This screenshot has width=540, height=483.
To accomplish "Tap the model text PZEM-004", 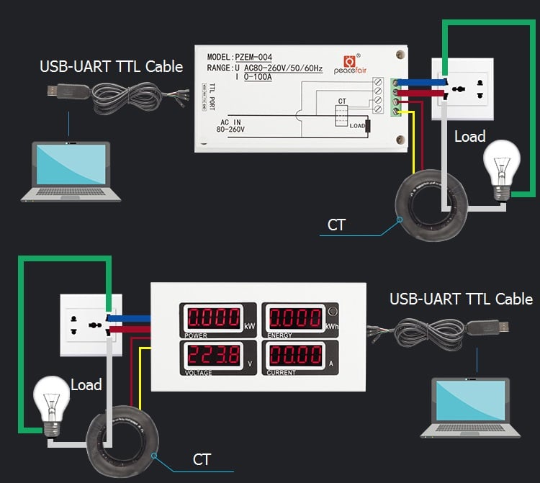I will pos(254,57).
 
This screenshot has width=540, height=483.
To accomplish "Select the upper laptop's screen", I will pos(70,164).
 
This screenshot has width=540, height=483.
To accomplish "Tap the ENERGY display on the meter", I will pos(295,318).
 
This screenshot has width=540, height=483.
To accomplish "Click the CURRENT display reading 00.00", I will pos(295,355).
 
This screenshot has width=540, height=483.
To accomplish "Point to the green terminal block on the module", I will pos(395,96).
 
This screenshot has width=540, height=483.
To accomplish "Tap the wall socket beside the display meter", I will pos(91,324).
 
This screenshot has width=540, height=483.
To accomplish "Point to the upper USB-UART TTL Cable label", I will pos(111,67).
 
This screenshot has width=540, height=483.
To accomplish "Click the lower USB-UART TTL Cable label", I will pos(461,299).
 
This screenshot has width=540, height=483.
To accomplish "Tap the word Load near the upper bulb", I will pos(469,136).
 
